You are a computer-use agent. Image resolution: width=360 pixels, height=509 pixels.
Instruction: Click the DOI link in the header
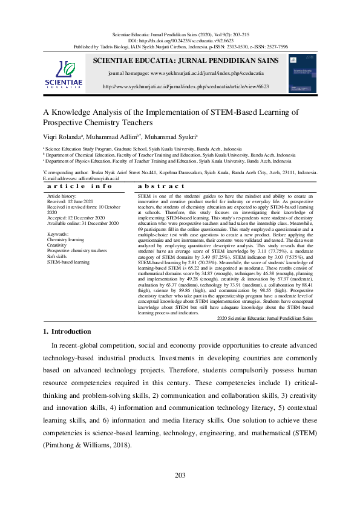pos(179,39)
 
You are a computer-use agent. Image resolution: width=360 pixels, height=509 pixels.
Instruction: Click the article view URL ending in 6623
pos(186,86)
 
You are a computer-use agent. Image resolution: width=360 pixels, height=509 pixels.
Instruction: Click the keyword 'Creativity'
pos(57,245)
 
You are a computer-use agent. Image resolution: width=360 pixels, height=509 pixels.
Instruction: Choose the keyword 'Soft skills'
pos(58,256)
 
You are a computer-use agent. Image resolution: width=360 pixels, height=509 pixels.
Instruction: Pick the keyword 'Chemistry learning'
pos(67,239)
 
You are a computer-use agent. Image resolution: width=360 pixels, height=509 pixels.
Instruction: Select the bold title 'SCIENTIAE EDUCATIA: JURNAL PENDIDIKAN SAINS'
pos(186,60)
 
